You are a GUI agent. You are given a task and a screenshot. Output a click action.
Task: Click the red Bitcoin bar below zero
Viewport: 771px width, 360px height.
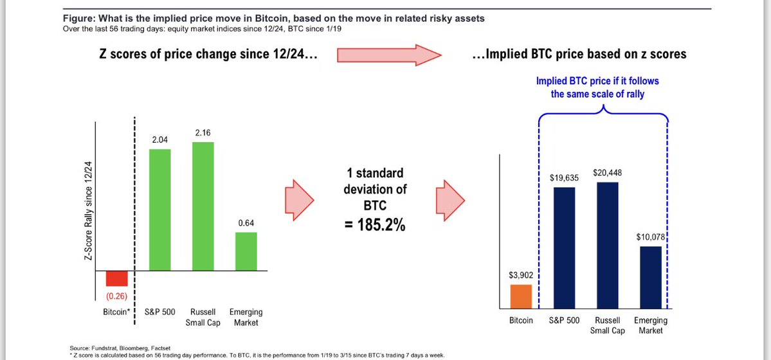click(x=117, y=278)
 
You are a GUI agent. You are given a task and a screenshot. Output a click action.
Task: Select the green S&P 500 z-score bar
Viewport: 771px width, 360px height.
click(x=160, y=210)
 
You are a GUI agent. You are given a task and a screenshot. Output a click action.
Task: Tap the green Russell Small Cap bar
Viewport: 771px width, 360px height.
click(x=203, y=206)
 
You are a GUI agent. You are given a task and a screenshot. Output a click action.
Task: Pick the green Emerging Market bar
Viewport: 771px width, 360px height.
click(x=246, y=251)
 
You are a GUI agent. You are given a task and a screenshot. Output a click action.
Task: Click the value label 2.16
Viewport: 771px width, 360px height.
click(x=203, y=133)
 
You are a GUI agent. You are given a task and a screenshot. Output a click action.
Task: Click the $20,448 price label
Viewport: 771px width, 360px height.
click(x=608, y=173)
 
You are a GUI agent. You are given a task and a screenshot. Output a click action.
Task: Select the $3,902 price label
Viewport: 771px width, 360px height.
click(x=522, y=275)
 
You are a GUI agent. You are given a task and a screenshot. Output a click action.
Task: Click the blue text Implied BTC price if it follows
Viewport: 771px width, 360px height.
click(x=597, y=82)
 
